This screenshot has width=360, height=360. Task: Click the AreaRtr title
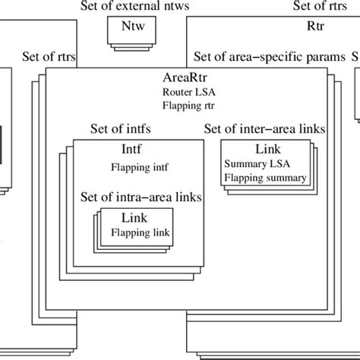pos(185,77)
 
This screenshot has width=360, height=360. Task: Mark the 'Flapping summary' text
pos(266,178)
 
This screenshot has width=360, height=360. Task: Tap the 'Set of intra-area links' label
pos(141,197)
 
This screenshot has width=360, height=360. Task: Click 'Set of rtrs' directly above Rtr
pos(321,7)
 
